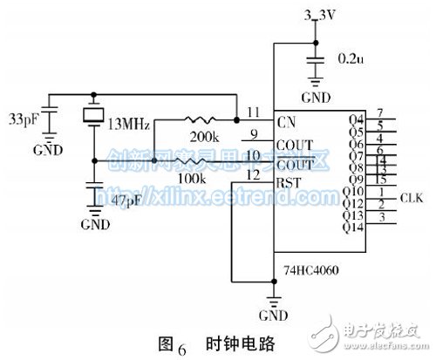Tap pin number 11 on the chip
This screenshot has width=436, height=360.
coord(252,112)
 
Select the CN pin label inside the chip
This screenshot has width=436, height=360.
coord(284,119)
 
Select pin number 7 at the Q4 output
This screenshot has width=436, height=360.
coord(380,113)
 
